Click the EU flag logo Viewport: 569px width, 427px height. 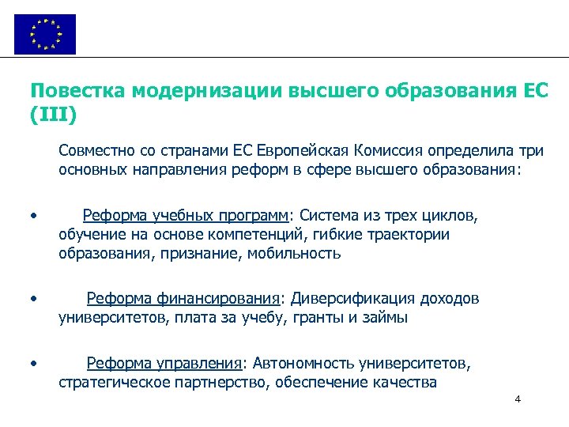(45, 34)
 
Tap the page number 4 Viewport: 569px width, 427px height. (518, 399)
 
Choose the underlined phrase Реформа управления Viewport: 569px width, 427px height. (164, 364)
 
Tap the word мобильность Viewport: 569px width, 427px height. (293, 254)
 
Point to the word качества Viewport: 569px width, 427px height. (405, 384)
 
